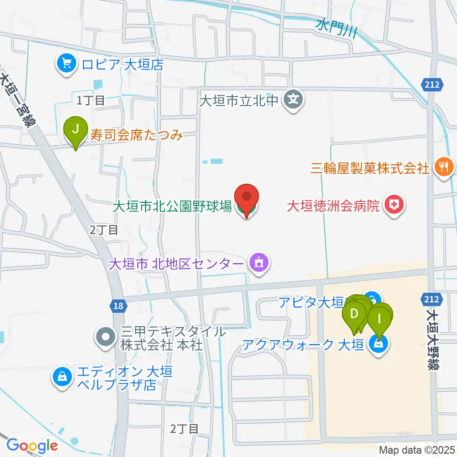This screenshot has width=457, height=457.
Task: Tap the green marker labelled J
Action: (76, 129)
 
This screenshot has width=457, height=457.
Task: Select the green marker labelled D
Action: (354, 314)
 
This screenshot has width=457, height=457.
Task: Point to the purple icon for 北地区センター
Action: (259, 262)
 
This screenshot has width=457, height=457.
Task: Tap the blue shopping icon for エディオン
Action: (62, 378)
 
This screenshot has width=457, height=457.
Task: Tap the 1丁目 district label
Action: (90, 100)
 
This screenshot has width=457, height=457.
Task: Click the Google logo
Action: (32, 446)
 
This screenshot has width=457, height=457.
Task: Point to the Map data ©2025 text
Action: (417, 450)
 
